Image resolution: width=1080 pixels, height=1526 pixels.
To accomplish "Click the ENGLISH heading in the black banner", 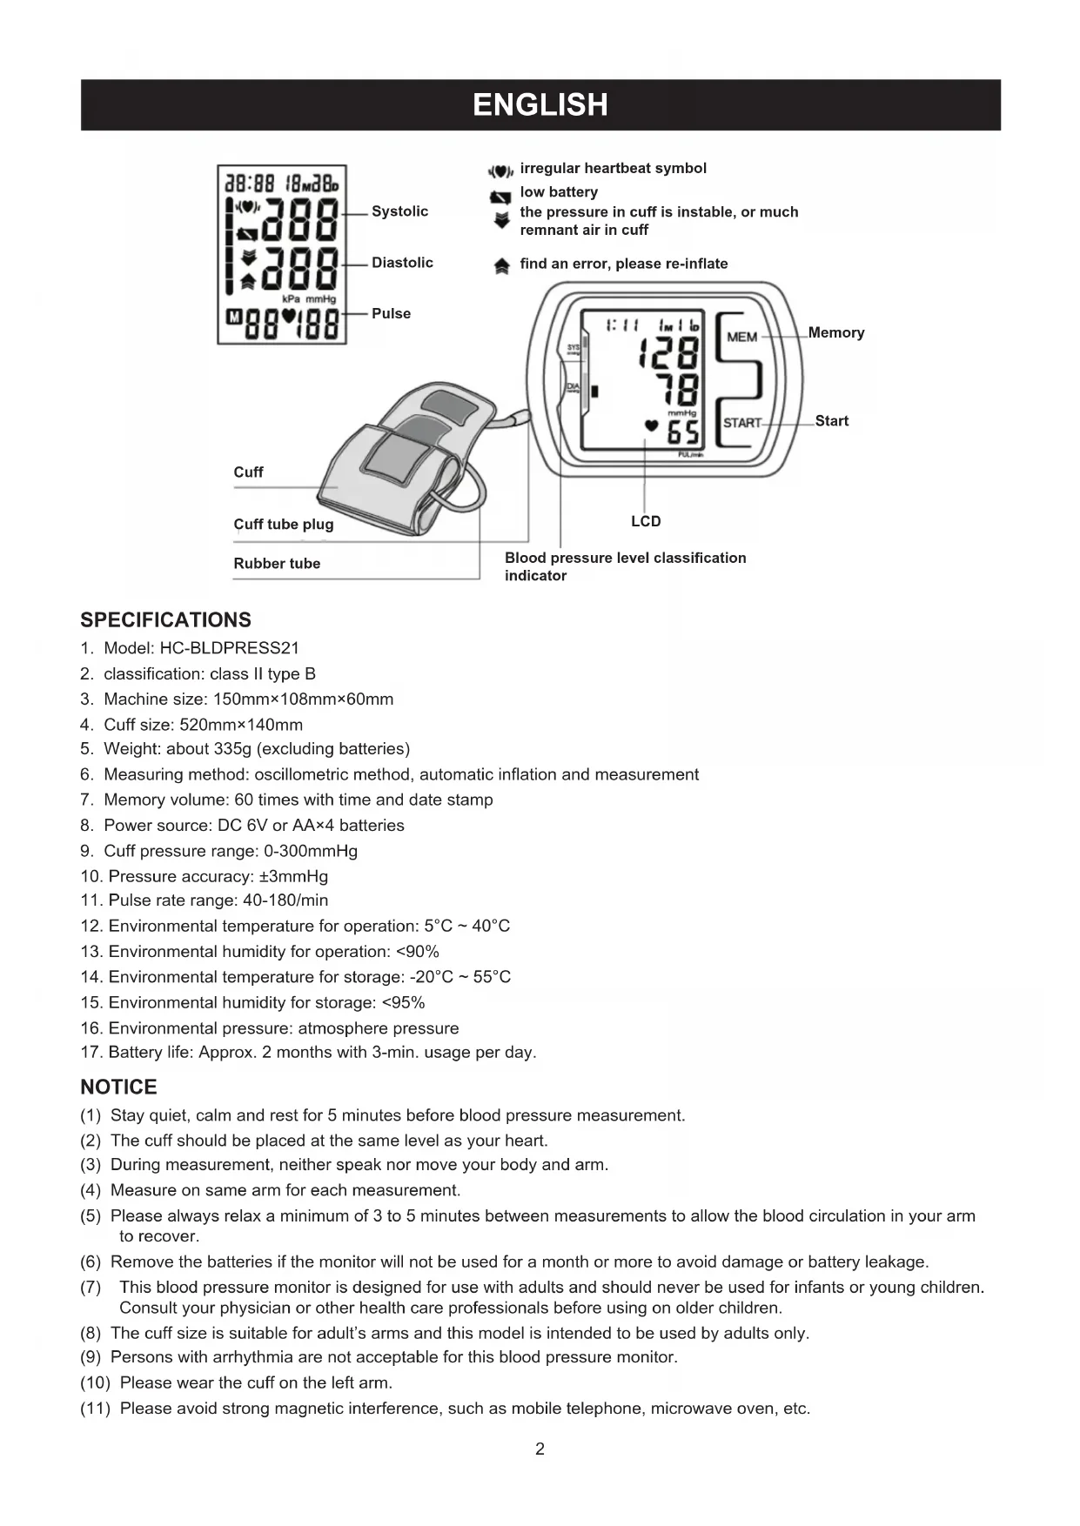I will point(540,105).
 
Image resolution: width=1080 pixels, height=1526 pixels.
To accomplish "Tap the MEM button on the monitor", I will point(741,337).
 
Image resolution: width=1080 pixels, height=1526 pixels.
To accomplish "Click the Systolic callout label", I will point(399,211).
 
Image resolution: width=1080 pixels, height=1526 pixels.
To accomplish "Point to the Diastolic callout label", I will point(402,263).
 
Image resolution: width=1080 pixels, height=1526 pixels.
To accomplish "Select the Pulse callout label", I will point(391,313).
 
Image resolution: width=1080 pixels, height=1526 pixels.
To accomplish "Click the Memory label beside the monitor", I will point(835,332).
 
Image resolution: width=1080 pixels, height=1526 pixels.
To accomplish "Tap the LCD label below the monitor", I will point(646,521).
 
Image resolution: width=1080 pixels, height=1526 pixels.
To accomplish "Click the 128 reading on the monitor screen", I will point(668,352).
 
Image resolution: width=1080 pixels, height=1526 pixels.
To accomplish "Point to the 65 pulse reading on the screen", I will point(683,432).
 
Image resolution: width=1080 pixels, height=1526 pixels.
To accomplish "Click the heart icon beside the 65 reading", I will point(651,425).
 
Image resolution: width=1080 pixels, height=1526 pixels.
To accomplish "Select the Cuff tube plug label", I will point(283,524).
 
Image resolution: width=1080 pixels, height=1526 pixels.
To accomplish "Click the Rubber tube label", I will point(277,563).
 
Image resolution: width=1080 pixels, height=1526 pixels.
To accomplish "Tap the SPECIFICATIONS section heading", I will point(165,620).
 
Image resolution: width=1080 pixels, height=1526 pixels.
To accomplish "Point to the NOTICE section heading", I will point(118,1088).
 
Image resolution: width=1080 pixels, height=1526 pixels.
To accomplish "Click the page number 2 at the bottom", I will point(540,1449).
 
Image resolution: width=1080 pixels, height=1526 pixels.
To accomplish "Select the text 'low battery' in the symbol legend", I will point(559,191).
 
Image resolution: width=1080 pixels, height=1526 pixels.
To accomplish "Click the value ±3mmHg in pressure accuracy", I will point(293,876).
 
